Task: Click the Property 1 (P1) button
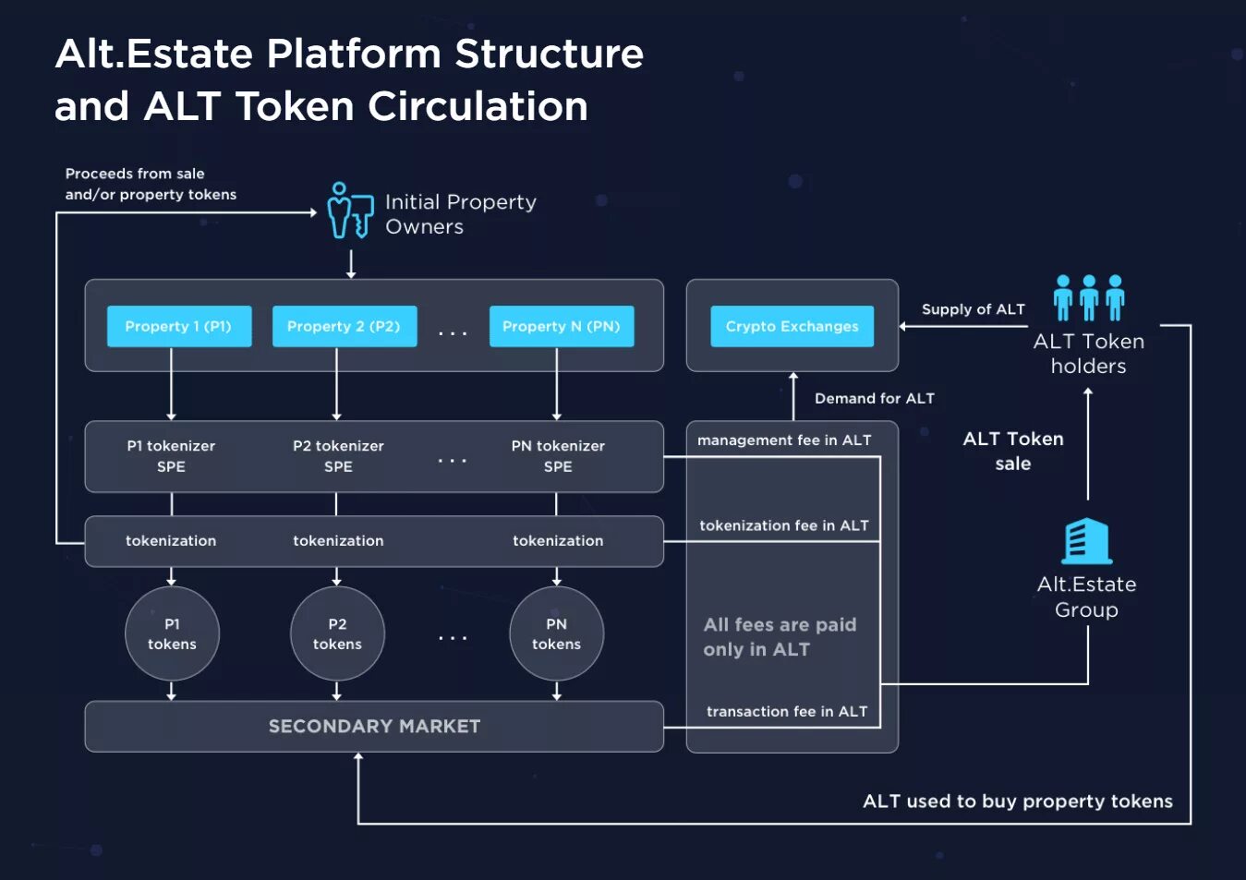point(178,326)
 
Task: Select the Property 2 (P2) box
point(344,326)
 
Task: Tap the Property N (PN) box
point(561,326)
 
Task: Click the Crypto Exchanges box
point(792,326)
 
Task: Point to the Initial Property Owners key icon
point(349,211)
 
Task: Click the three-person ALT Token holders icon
point(1089,297)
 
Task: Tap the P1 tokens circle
point(172,633)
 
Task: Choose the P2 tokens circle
point(337,633)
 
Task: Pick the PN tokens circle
point(556,633)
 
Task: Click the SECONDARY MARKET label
point(374,727)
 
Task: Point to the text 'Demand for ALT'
point(874,398)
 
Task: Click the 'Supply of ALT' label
point(973,309)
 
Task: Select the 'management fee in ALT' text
point(784,440)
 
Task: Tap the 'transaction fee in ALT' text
point(786,711)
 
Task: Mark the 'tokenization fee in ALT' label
point(783,525)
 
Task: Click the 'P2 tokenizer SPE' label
point(338,456)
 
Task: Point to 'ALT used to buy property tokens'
point(1017,801)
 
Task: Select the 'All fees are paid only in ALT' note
point(779,637)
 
